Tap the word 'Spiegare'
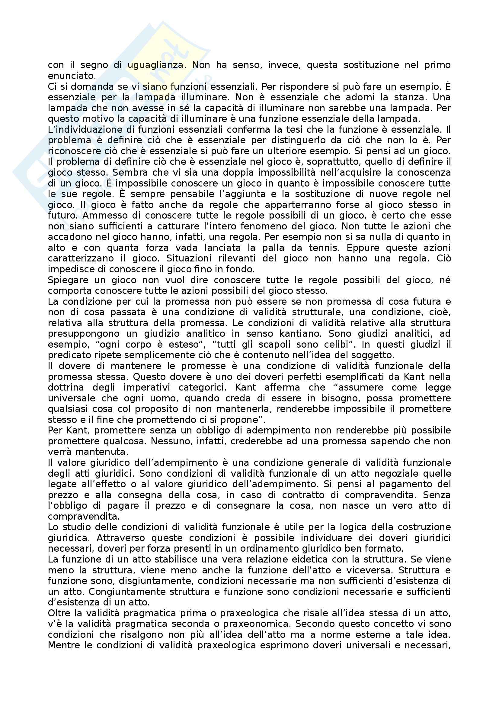click(x=69, y=280)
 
